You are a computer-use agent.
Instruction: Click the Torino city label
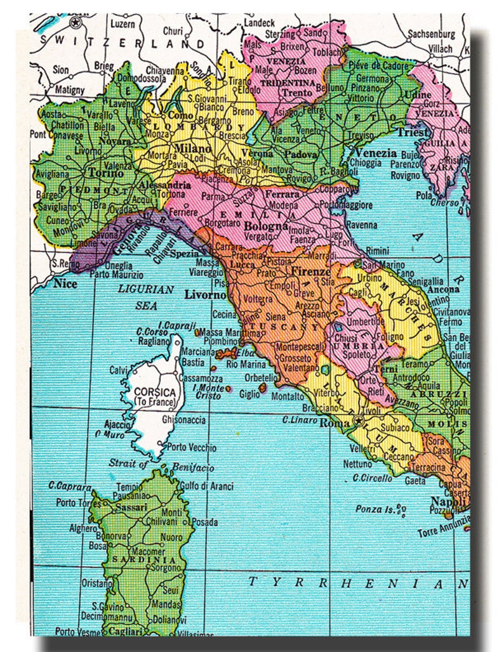[x=101, y=171]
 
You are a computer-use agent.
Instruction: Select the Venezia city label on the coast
[x=376, y=153]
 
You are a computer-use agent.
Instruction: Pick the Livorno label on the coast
[x=205, y=295]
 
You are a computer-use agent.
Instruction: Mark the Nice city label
[x=65, y=284]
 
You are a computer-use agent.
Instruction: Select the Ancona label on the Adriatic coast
[x=444, y=289]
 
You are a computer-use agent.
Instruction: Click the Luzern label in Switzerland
[x=124, y=24]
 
